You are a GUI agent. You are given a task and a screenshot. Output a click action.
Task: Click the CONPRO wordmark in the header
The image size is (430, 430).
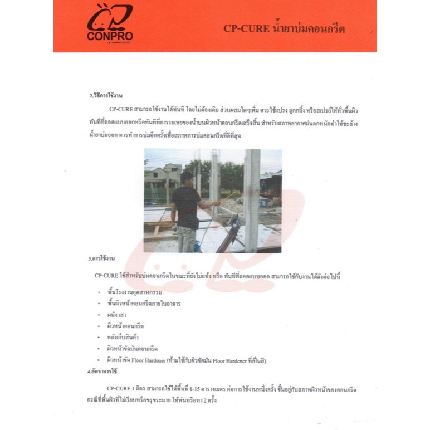pyautogui.click(x=110, y=36)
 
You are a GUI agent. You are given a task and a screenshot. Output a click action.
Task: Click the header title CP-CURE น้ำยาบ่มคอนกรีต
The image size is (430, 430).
pyautogui.click(x=284, y=28)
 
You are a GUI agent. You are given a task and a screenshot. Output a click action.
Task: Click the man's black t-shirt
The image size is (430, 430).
pyautogui.click(x=185, y=206)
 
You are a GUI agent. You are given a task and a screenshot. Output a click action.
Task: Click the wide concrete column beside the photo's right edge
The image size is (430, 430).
pyautogui.click(x=252, y=201)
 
